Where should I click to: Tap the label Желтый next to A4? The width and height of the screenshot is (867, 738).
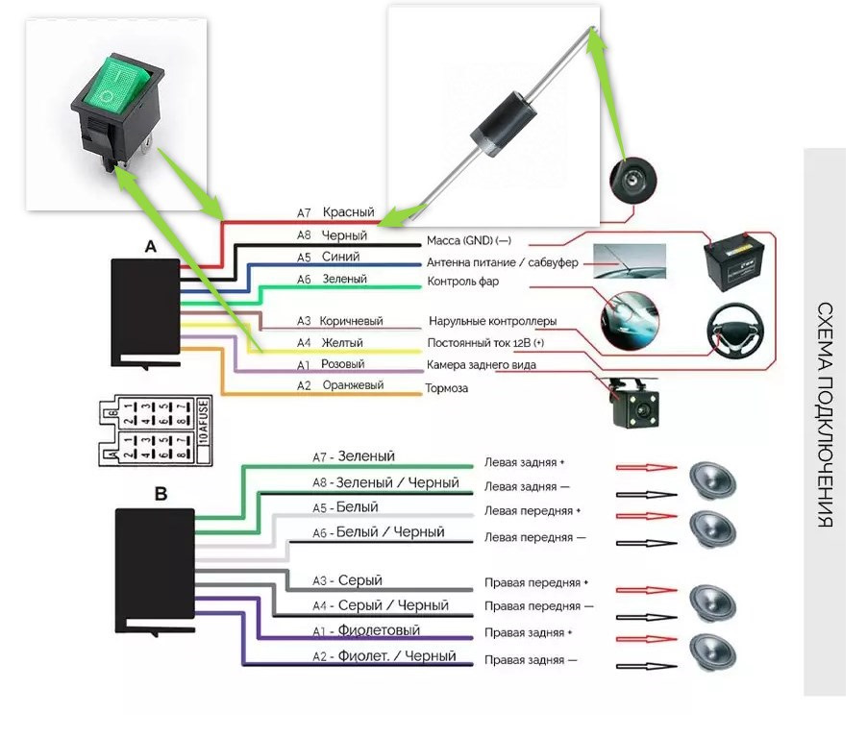click(344, 342)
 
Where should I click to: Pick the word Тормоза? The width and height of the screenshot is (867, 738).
click(447, 389)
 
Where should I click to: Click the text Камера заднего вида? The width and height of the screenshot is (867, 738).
click(482, 366)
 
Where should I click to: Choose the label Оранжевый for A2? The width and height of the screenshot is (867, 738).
click(353, 385)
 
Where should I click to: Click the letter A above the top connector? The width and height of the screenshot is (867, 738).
click(150, 246)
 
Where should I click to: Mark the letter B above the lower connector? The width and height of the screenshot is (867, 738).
click(161, 495)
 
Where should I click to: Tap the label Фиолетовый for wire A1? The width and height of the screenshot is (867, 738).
click(379, 631)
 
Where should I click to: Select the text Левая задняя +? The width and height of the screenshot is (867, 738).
click(525, 462)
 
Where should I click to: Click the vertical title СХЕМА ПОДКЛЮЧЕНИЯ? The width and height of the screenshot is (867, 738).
click(825, 415)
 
